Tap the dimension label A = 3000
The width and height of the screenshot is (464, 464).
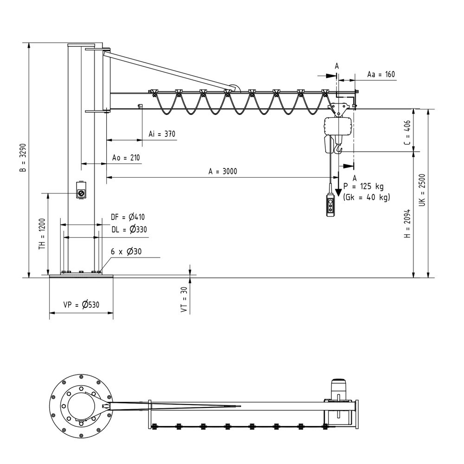coord(223,171)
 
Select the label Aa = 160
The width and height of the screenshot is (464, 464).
coord(380,74)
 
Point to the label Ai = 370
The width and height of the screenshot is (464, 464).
coord(162,134)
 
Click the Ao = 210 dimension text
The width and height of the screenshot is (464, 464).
coord(126,158)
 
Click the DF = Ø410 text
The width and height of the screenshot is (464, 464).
coord(128,216)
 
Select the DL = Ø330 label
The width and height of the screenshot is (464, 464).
coord(129,229)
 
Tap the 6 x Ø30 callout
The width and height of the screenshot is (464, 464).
coord(126,251)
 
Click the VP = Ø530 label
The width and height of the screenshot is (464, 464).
coord(81,305)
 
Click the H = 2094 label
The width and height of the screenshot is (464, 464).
coord(407,227)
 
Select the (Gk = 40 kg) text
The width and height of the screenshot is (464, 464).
coord(367,197)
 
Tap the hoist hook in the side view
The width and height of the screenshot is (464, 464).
coord(339,149)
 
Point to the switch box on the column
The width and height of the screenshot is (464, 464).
coord(81,191)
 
